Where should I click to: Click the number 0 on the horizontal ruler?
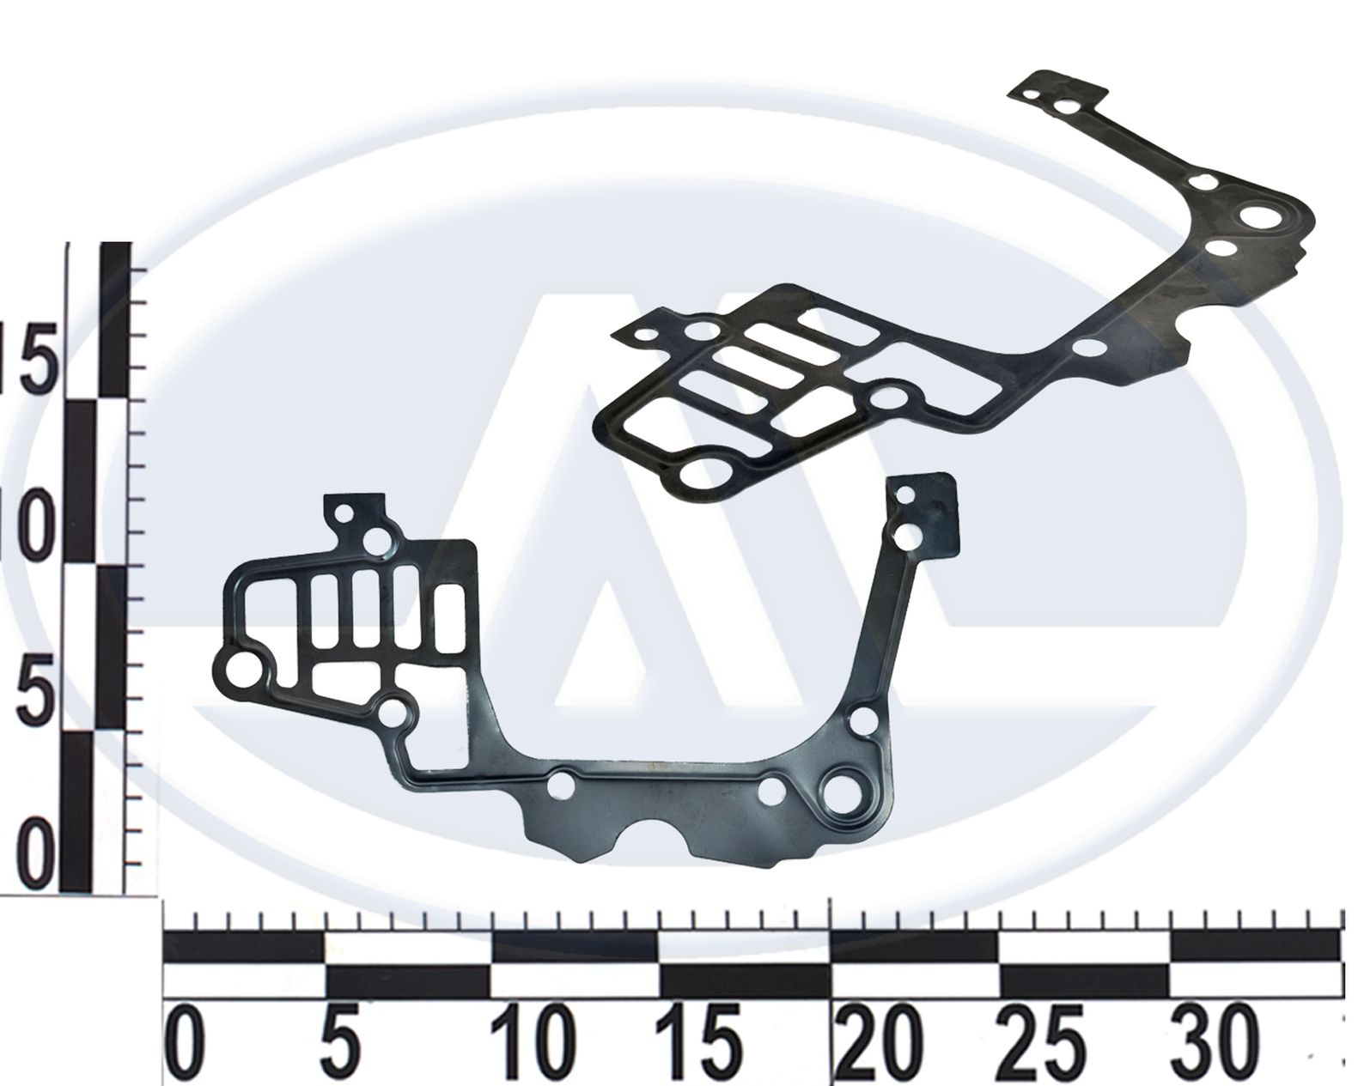click(x=184, y=1043)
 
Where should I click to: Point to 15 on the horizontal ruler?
click(x=698, y=1043)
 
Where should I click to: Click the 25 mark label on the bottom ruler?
click(x=1043, y=1043)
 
